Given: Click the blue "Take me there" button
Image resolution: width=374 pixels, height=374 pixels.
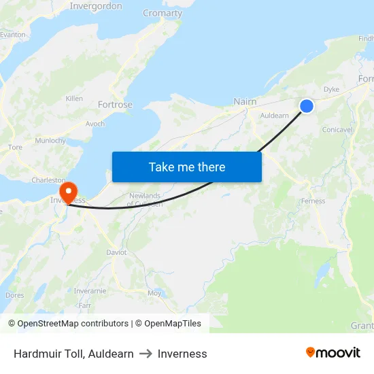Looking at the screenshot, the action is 186,167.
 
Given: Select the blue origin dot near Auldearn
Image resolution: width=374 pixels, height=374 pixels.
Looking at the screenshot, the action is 307,105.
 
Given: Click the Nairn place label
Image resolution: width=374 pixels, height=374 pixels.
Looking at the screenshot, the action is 245,102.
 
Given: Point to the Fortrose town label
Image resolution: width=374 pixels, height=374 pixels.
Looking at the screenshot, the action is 115,105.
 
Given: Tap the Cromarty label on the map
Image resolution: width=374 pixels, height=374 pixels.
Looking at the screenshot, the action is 163,13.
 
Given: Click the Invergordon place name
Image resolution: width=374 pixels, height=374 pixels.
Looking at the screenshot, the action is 96,6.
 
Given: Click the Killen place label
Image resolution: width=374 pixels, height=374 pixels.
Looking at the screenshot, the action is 74,99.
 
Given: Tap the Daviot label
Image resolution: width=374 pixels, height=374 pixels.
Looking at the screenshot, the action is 116,252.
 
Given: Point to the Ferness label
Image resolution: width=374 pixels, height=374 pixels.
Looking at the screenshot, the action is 313,201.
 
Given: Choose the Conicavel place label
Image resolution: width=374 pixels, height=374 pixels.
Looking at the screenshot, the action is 337,129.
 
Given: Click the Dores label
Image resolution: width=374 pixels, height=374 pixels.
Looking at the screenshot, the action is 15,295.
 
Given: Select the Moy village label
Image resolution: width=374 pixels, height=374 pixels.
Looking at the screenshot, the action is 154,293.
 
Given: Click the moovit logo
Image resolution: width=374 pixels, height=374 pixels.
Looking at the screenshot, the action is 333,352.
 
